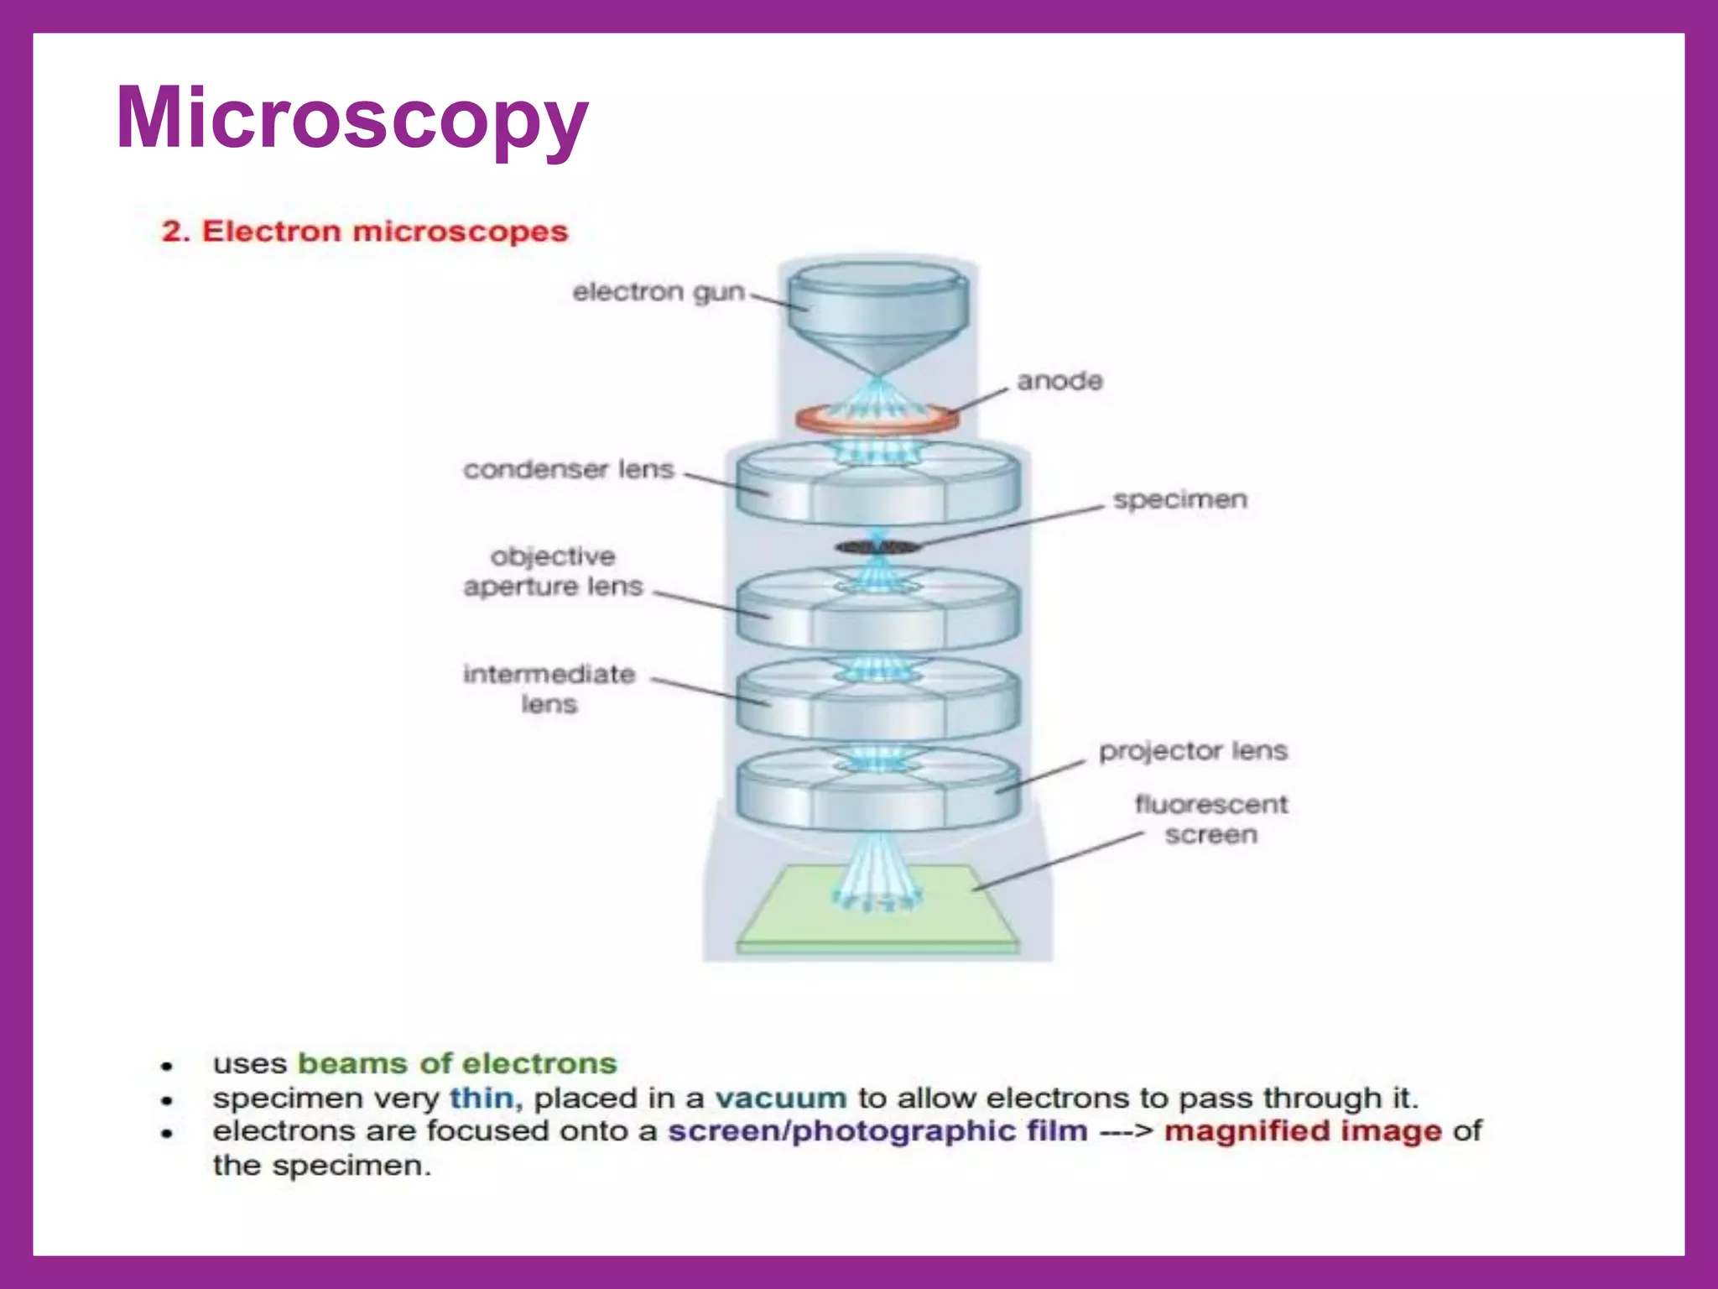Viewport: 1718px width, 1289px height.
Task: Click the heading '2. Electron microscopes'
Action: point(365,231)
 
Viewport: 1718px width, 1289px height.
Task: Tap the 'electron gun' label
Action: point(659,292)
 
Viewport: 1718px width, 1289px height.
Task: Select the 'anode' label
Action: point(1059,381)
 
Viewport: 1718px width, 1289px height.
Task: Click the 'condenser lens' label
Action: point(569,469)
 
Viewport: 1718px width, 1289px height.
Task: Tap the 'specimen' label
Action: point(1180,499)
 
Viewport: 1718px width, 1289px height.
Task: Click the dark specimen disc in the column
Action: point(877,548)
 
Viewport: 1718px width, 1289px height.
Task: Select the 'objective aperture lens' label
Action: point(554,571)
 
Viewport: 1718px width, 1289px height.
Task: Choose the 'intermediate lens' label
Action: point(549,688)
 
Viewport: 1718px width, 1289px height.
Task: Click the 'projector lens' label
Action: point(1193,750)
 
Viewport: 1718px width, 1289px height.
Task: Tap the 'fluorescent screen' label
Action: point(1211,819)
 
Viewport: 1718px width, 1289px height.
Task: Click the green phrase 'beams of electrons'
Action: point(458,1063)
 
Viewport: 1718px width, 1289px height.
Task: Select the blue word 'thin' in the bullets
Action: point(482,1098)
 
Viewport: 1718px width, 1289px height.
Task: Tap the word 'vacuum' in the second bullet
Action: point(781,1098)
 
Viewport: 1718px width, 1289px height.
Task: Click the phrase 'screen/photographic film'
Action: point(877,1131)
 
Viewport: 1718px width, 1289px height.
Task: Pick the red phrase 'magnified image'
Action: point(1303,1131)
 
